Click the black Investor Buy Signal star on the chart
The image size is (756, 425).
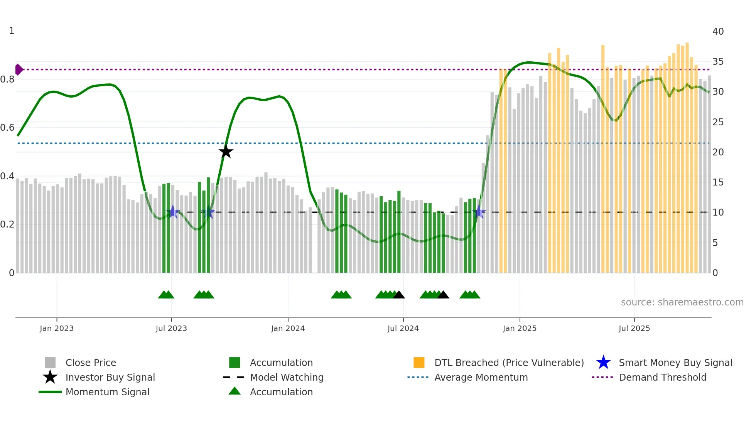point(226,152)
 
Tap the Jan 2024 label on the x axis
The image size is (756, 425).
point(288,328)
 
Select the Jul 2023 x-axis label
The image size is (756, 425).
point(171,328)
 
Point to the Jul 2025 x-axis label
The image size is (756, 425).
point(634,328)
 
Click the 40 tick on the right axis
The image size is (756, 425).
point(718,32)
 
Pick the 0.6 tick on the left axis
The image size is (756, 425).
point(7,128)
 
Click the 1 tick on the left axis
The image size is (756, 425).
point(12,31)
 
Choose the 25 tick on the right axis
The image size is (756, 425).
point(718,122)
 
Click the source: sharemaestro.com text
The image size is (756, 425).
point(682,302)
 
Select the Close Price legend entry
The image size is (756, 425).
point(91,363)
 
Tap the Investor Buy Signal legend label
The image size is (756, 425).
point(110,378)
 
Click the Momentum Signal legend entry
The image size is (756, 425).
point(107,392)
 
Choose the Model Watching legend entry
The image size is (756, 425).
point(287,378)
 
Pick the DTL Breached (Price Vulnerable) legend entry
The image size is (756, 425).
point(509,363)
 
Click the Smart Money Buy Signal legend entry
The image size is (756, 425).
point(675,363)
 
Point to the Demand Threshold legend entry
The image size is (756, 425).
point(662,378)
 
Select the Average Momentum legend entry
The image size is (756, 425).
point(481,378)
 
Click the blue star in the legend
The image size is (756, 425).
point(603,363)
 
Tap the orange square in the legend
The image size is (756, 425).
point(419,363)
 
